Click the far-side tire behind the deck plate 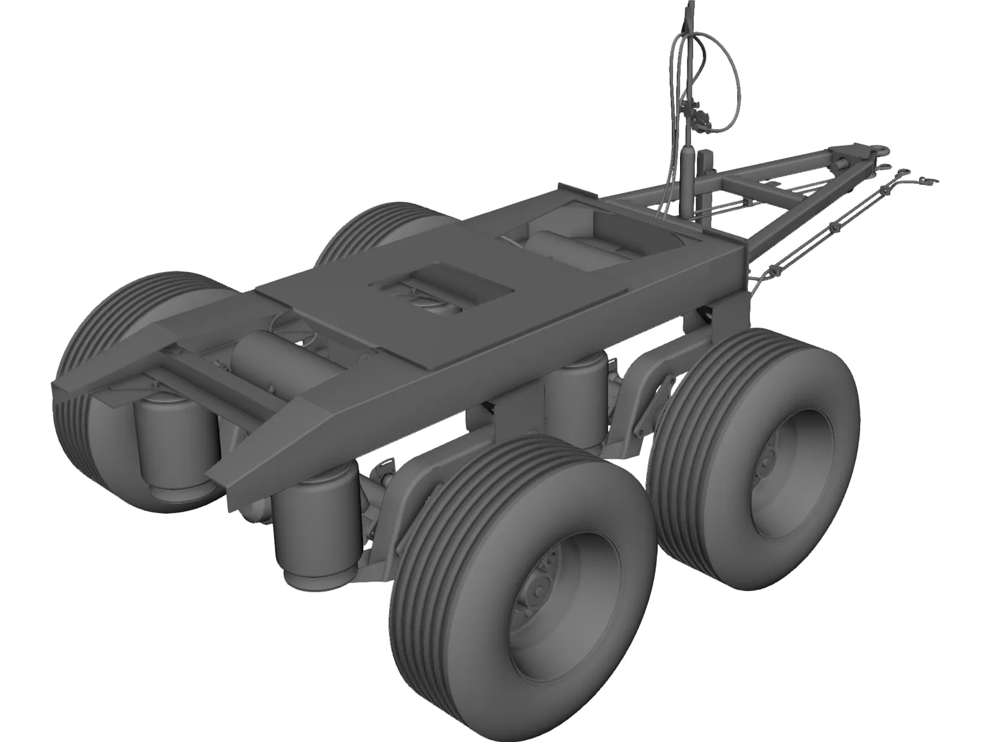point(371,229)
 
